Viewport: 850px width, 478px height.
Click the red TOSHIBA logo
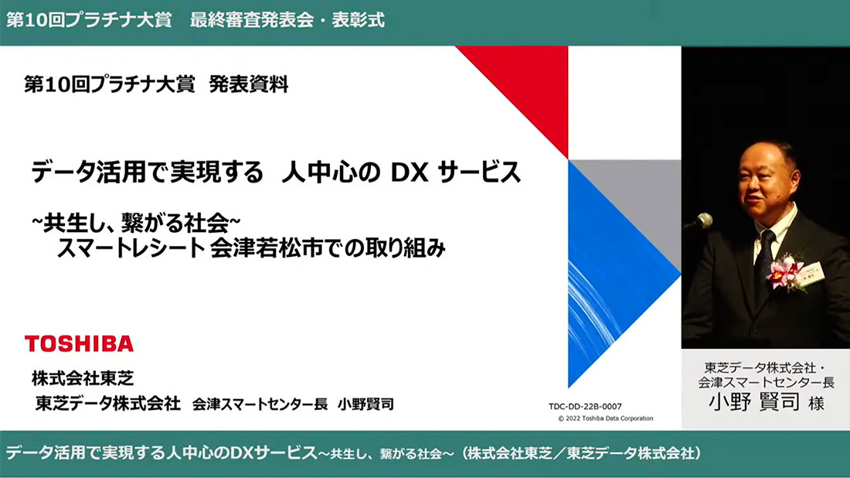(79, 343)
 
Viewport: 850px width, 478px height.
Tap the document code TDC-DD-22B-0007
(585, 406)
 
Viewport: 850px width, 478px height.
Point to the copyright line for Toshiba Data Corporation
(606, 418)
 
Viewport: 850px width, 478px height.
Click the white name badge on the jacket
(811, 274)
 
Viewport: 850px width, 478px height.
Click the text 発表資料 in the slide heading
(248, 84)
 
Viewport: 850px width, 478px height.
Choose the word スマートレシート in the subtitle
(130, 248)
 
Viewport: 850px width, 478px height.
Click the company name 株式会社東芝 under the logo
(83, 378)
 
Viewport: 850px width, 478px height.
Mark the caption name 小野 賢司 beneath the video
(753, 402)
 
